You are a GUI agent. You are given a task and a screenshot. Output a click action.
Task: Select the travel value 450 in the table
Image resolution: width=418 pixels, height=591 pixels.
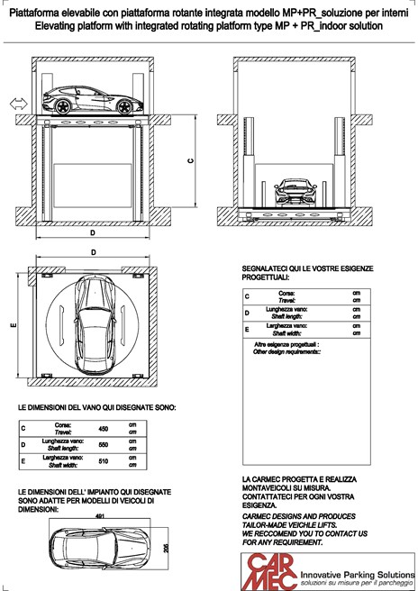103,429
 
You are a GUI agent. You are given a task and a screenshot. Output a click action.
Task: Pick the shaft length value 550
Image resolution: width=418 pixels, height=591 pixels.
103,446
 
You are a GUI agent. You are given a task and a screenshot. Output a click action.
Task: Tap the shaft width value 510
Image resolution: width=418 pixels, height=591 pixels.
103,462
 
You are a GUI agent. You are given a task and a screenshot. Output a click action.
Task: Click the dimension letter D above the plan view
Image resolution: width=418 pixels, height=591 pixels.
95,253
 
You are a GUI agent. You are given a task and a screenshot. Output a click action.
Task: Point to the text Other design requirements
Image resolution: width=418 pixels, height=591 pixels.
287,350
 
